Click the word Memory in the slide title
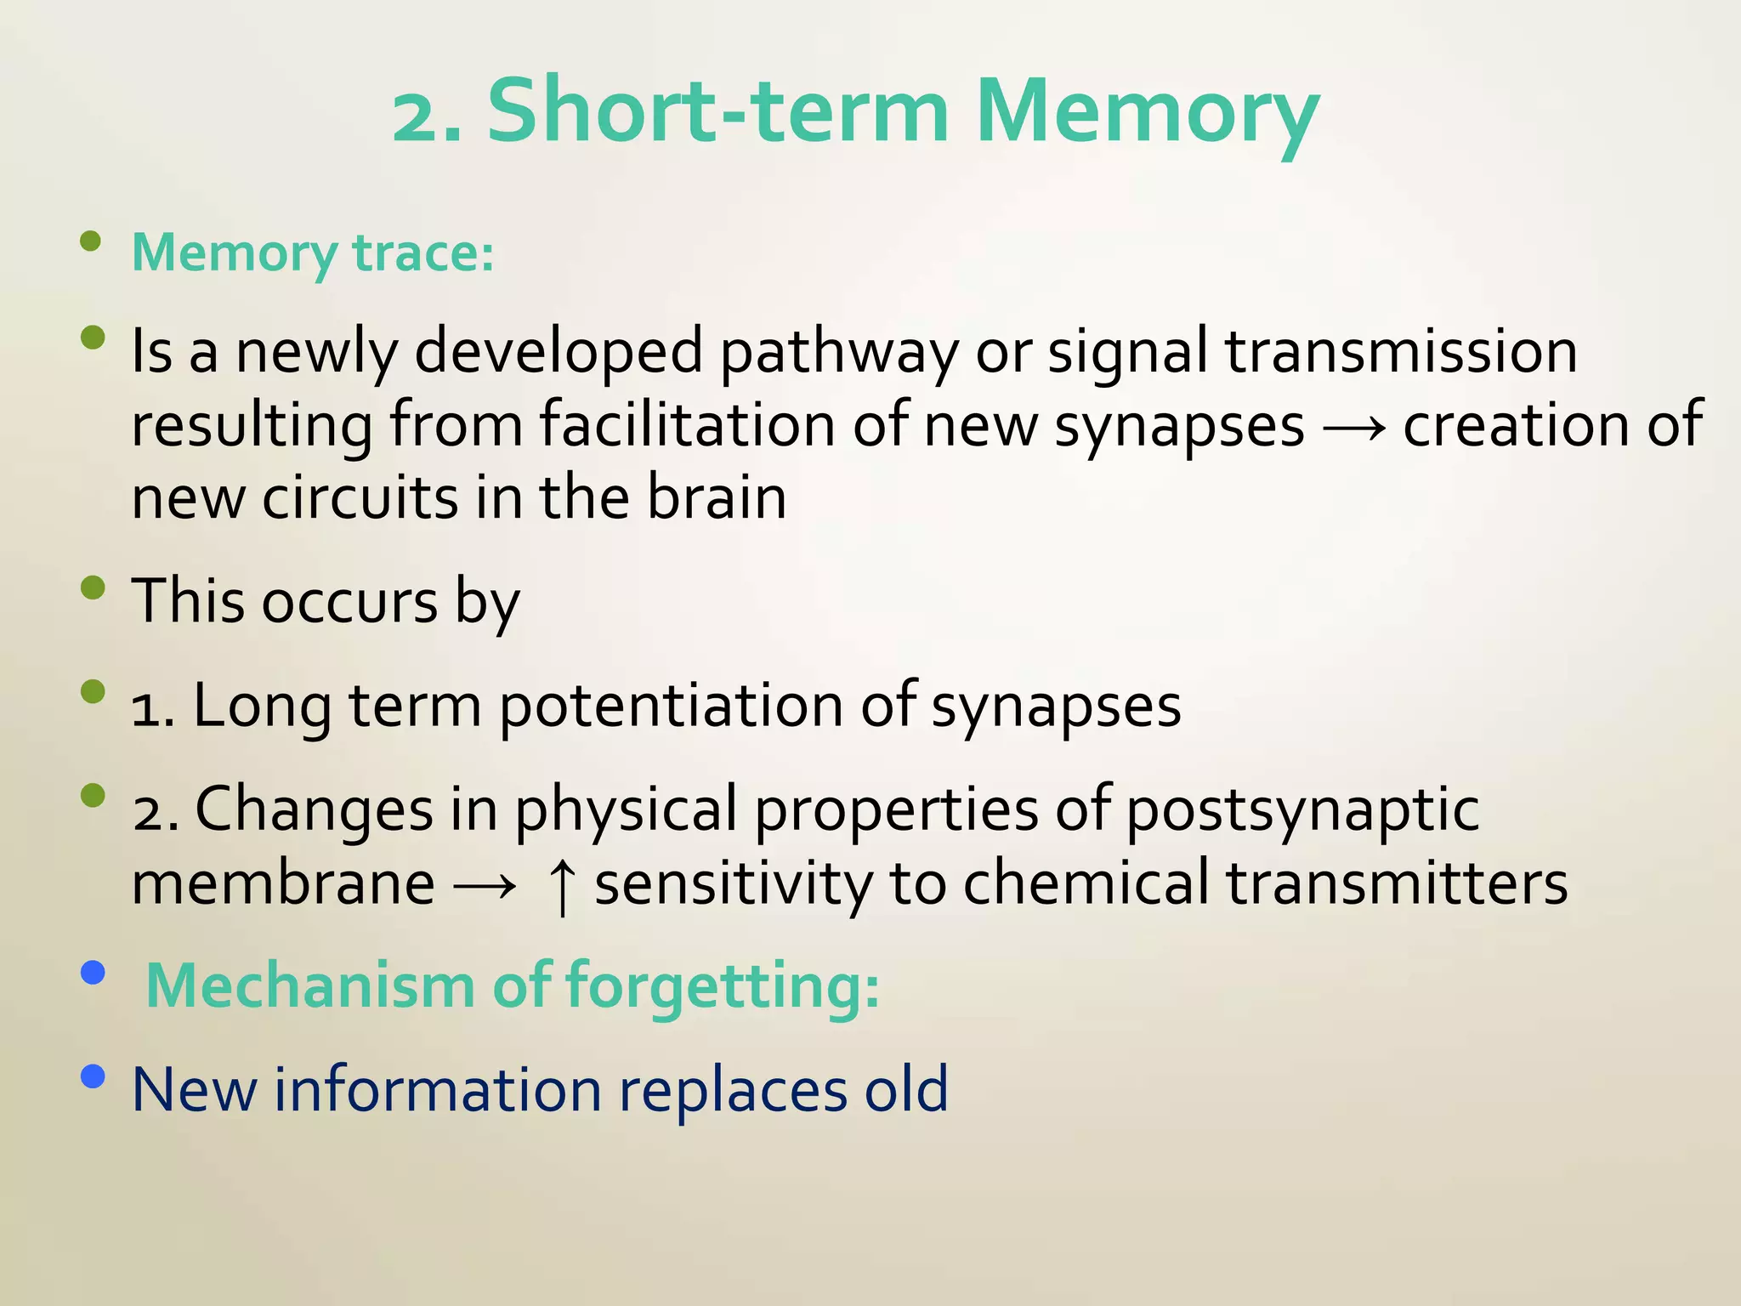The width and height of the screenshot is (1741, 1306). pos(1148,113)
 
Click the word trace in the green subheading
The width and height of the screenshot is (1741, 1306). pos(422,253)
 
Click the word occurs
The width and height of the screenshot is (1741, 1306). pos(349,602)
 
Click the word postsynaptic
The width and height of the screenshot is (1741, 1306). pos(1301,809)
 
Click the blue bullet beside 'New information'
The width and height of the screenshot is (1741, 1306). pos(93,1077)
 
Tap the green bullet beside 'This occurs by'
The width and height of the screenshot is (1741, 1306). pos(93,588)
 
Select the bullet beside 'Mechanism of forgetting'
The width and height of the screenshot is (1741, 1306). pos(93,972)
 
